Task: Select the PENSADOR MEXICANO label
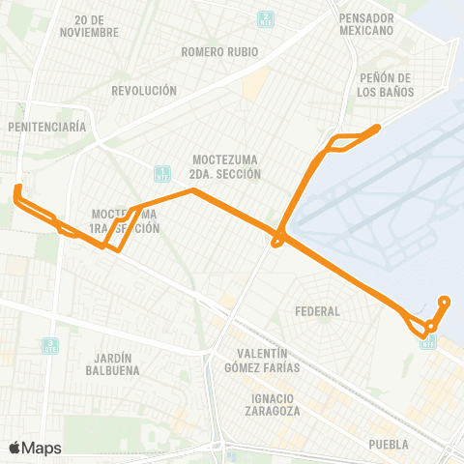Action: click(367, 24)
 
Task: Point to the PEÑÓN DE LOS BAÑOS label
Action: click(386, 84)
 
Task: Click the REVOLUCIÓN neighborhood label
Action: click(144, 90)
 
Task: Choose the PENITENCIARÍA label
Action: click(46, 127)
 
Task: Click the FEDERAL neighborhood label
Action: click(320, 311)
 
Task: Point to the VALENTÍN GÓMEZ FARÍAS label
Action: click(261, 361)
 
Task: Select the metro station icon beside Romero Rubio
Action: click(266, 18)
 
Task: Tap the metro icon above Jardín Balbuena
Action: click(50, 345)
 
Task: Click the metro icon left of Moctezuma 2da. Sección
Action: click(161, 174)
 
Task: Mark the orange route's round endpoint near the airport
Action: click(445, 301)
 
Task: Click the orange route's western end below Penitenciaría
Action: click(17, 188)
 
